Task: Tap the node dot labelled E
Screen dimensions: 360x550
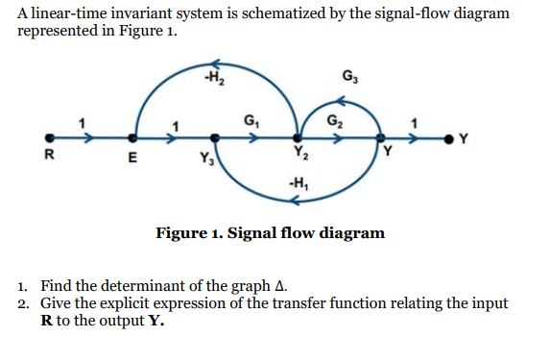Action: click(x=133, y=137)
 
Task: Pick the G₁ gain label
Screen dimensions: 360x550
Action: click(x=252, y=122)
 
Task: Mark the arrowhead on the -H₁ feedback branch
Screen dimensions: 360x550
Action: click(x=296, y=200)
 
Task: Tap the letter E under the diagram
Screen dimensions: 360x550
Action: click(x=133, y=159)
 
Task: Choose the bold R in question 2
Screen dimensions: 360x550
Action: click(x=46, y=320)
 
